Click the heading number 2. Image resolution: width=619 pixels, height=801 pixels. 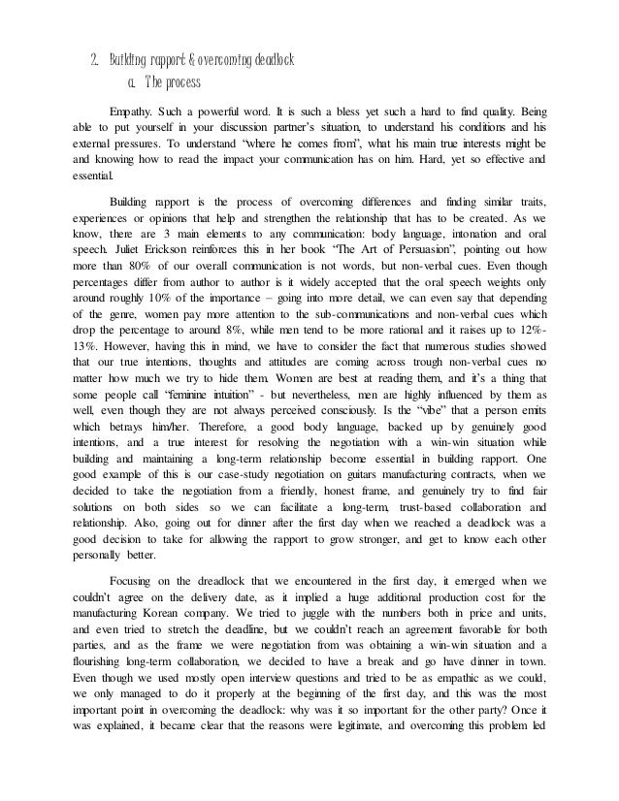[x=92, y=60]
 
